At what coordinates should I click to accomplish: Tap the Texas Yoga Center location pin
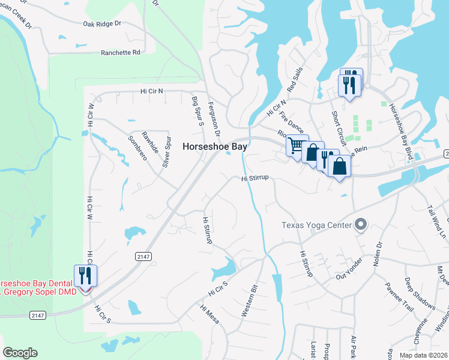point(360,225)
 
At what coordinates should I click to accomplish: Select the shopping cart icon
point(295,146)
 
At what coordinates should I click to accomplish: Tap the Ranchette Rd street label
point(121,52)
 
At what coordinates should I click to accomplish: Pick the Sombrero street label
point(137,147)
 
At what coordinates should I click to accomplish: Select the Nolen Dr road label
point(378,253)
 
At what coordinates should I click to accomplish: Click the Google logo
point(20,353)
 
